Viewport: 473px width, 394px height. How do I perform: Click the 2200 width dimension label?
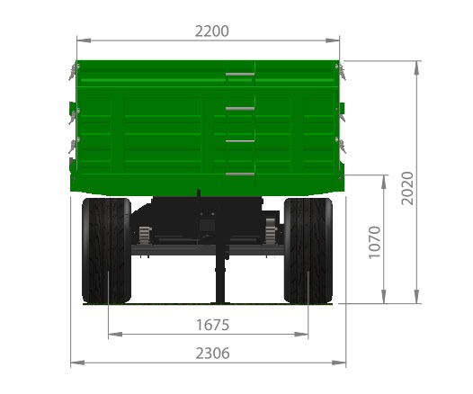[211, 31]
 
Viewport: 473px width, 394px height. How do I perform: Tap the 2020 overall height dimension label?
[407, 188]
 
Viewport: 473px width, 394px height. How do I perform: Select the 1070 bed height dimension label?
[375, 242]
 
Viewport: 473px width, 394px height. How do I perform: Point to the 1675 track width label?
[212, 326]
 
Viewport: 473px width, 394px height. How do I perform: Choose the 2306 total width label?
[212, 354]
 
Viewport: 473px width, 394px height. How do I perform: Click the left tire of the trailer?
[106, 250]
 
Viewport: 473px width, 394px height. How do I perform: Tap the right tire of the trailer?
[308, 250]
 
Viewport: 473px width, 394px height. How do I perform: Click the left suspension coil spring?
[145, 235]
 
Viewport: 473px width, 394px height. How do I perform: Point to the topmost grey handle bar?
[240, 75]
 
